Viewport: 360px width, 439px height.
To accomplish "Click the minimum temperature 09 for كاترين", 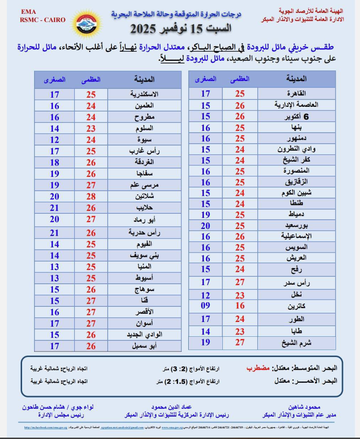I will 205,306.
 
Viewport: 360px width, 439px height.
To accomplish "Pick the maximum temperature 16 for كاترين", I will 240,306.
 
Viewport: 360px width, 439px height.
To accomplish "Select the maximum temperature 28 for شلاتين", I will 91,196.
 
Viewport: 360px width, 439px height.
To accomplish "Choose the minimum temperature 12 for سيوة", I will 55,140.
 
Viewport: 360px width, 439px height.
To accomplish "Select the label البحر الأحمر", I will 315,381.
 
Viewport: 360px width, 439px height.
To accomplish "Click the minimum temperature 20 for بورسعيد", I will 205,226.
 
